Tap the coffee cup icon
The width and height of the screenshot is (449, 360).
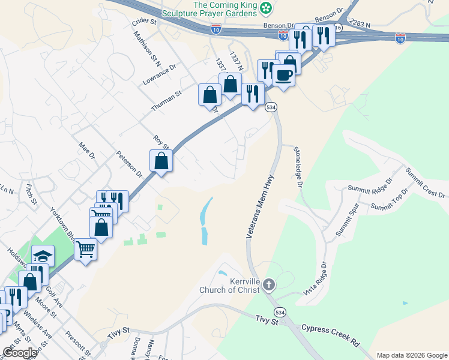283,75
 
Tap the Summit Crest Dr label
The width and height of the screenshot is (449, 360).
425,182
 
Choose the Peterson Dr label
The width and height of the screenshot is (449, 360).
130,164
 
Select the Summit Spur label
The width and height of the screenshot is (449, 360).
347,221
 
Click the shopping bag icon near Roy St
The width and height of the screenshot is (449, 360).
161,160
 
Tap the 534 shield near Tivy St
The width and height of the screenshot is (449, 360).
279,313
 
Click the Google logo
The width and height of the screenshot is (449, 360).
20,353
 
